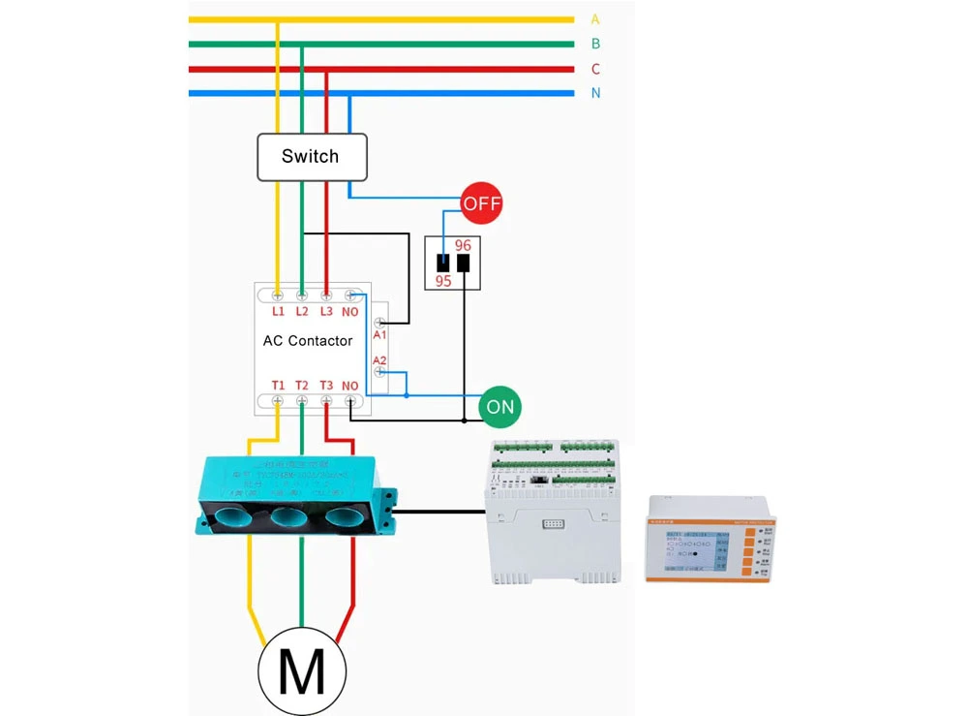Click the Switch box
click(311, 157)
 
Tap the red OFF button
click(481, 203)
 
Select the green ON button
click(499, 407)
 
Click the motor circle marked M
click(302, 669)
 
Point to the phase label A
click(595, 19)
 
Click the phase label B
click(595, 44)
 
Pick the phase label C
click(595, 69)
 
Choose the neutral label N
click(595, 93)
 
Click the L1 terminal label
click(278, 311)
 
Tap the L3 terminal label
click(326, 311)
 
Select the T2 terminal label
click(302, 386)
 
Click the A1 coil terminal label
click(380, 334)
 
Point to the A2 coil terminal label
click(380, 358)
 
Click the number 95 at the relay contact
click(443, 281)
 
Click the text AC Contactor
click(308, 341)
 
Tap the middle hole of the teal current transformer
click(289, 516)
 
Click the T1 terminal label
click(278, 386)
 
